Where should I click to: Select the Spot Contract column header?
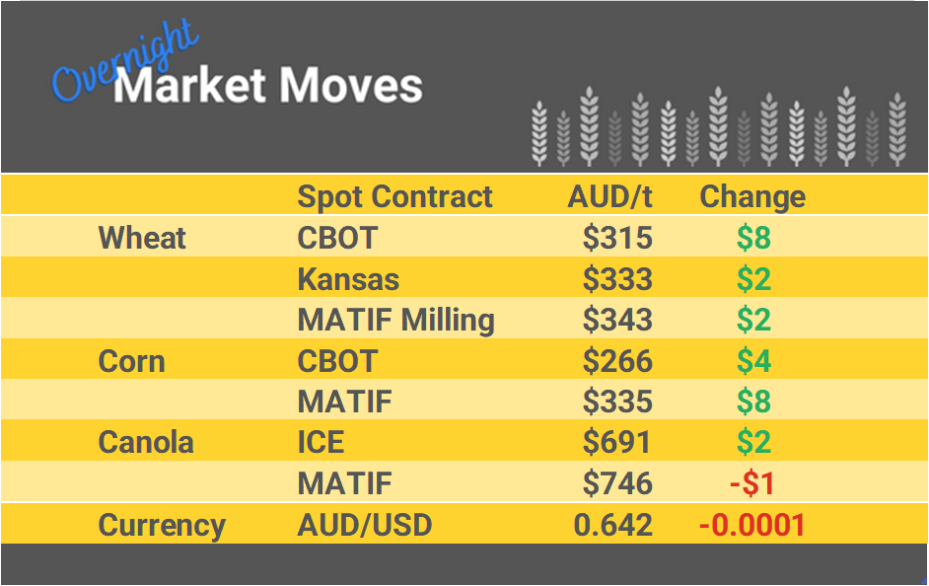point(394,197)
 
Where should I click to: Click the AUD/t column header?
point(609,197)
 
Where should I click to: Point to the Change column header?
point(752,197)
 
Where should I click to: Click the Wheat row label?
point(142,238)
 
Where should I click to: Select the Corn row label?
point(131,361)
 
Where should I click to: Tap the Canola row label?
point(146,442)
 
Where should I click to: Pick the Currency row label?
point(162,525)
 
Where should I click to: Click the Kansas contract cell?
point(348,279)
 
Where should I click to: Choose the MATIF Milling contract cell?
point(395,321)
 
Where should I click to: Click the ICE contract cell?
point(321,442)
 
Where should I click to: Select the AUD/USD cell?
point(364,525)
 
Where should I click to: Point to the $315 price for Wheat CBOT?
point(617,239)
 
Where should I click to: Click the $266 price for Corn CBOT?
point(617,361)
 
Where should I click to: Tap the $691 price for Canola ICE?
point(617,442)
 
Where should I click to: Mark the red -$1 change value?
point(752,483)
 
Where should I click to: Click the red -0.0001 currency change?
point(752,525)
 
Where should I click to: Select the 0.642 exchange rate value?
point(612,525)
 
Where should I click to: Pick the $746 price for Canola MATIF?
point(617,483)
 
